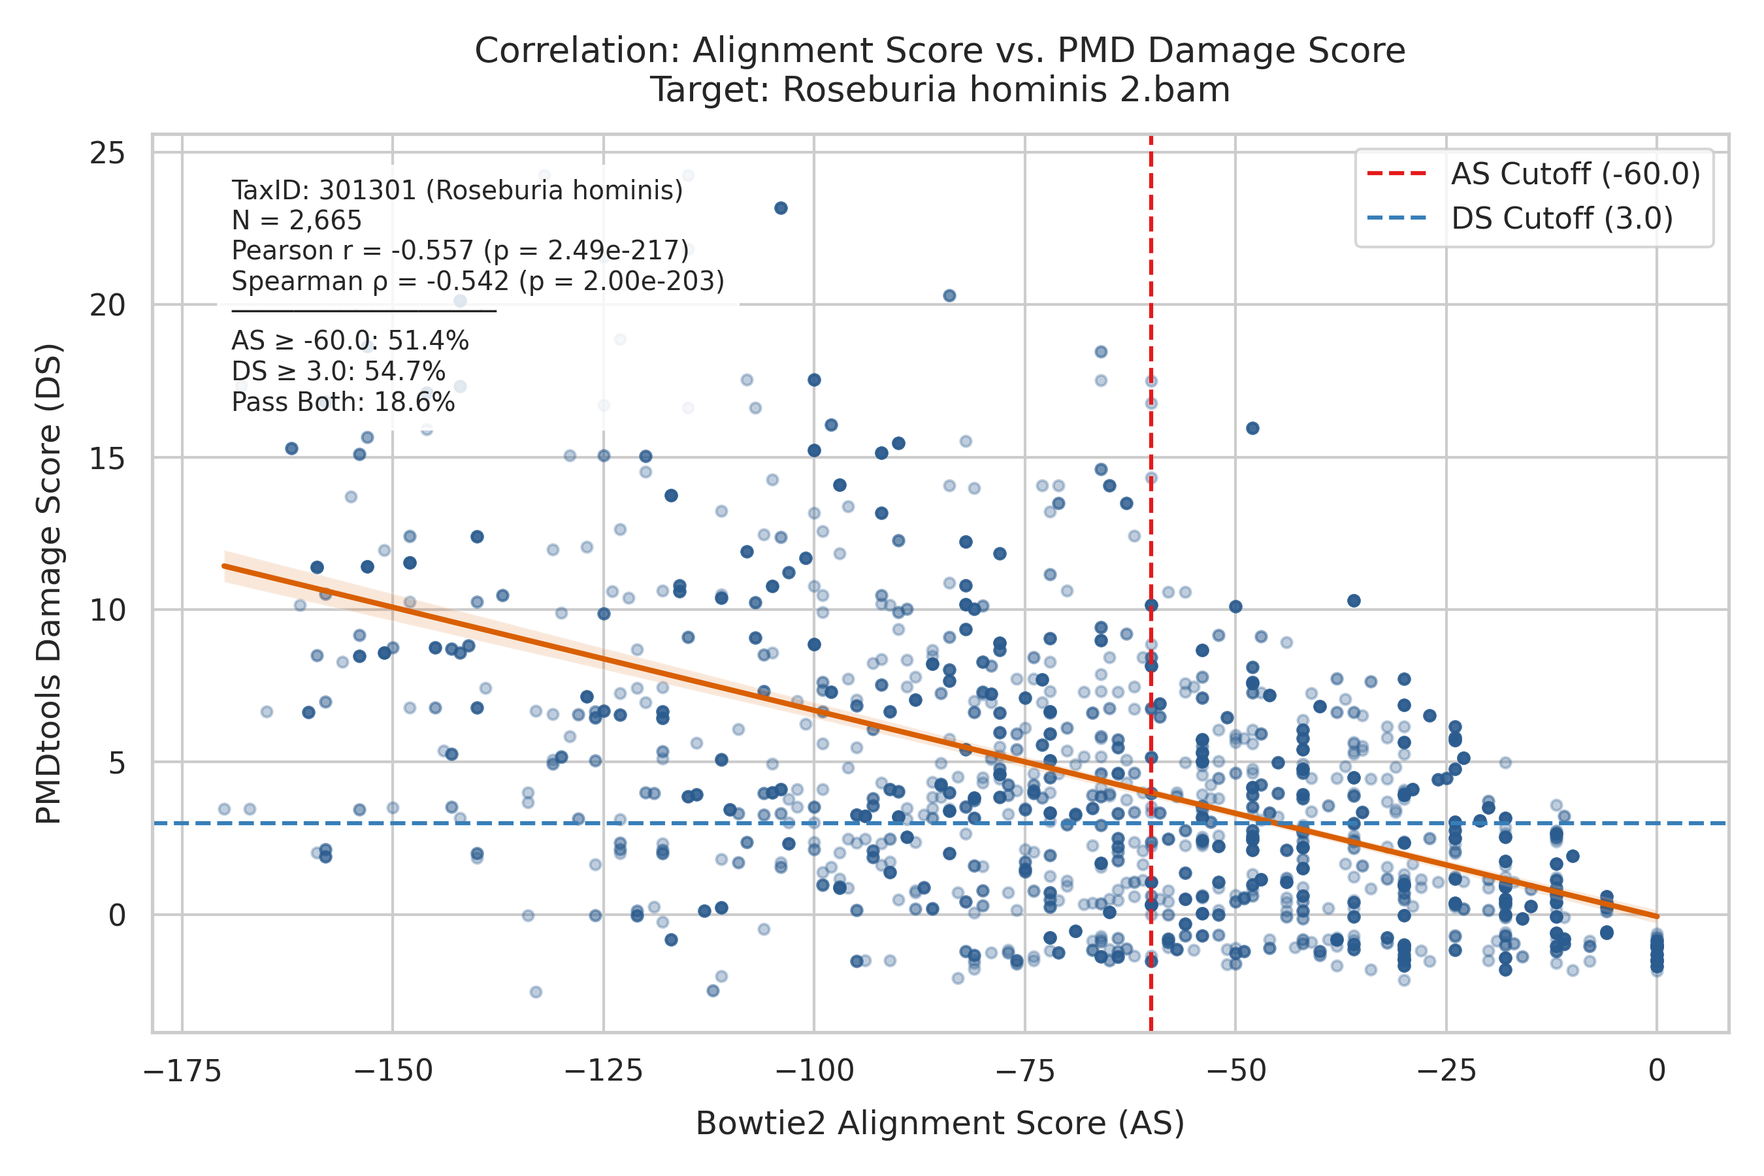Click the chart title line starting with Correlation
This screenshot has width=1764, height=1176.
click(x=939, y=51)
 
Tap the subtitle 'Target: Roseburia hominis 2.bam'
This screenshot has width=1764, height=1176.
click(x=939, y=90)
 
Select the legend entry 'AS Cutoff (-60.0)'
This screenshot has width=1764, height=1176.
click(x=1534, y=174)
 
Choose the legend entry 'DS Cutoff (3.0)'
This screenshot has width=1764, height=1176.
click(x=1520, y=219)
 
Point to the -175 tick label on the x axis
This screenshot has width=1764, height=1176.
click(x=182, y=1071)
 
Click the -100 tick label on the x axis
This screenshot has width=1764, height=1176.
click(x=814, y=1071)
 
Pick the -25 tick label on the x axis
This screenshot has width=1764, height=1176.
click(x=1446, y=1071)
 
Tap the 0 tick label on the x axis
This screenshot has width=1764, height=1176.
click(x=1658, y=1071)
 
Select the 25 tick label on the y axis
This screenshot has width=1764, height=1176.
click(x=107, y=154)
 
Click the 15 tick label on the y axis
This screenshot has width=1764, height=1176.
click(x=107, y=458)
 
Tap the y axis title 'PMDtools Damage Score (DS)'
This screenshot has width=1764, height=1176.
click(x=50, y=583)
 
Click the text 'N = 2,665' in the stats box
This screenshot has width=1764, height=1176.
click(x=297, y=221)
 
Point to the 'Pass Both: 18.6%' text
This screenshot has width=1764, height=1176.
click(x=344, y=402)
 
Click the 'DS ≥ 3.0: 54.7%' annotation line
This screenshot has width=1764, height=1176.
click(x=338, y=372)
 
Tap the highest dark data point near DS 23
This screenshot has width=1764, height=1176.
click(x=781, y=208)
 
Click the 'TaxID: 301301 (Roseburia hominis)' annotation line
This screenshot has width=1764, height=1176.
click(x=457, y=191)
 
